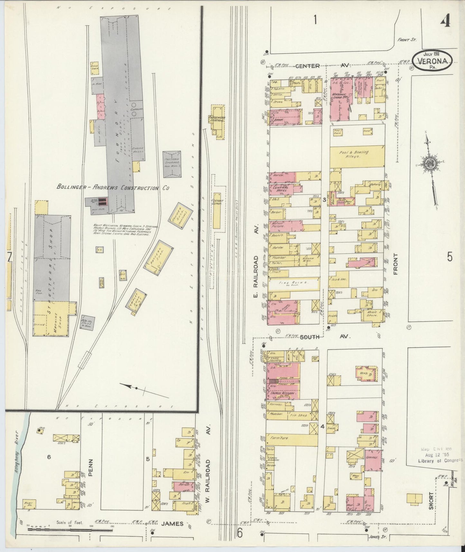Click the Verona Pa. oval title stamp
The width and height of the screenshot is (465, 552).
(433, 60)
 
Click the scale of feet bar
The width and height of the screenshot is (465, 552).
(69, 529)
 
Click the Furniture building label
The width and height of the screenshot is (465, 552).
(279, 438)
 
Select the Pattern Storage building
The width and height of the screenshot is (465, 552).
(173, 164)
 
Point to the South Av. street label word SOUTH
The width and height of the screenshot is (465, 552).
(310, 337)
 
